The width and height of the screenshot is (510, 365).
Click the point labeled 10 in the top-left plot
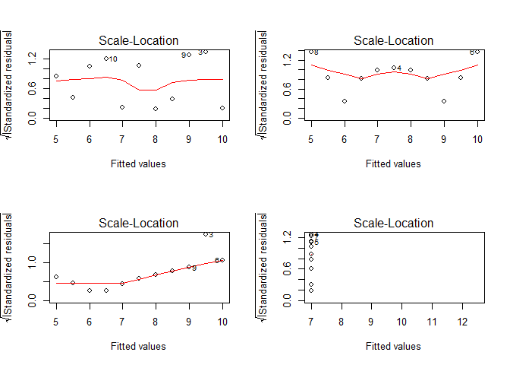106,59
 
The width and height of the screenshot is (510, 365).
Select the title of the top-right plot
394,41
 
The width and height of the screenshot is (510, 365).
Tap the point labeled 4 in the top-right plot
394,68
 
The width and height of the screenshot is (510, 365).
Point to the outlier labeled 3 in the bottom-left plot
206,234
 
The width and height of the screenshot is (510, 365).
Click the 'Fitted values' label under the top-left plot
138,163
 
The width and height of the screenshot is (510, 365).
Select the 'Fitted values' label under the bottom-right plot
393,346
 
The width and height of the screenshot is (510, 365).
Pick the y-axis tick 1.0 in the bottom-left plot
42,261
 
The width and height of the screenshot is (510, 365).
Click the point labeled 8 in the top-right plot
311,52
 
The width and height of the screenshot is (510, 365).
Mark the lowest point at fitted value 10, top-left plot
222,108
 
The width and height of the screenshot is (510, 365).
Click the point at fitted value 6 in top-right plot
345,101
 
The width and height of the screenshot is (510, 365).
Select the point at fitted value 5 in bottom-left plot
56,278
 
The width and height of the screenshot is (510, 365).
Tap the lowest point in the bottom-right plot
311,290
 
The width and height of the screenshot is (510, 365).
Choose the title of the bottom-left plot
139,224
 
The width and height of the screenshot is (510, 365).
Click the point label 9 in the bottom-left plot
194,268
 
